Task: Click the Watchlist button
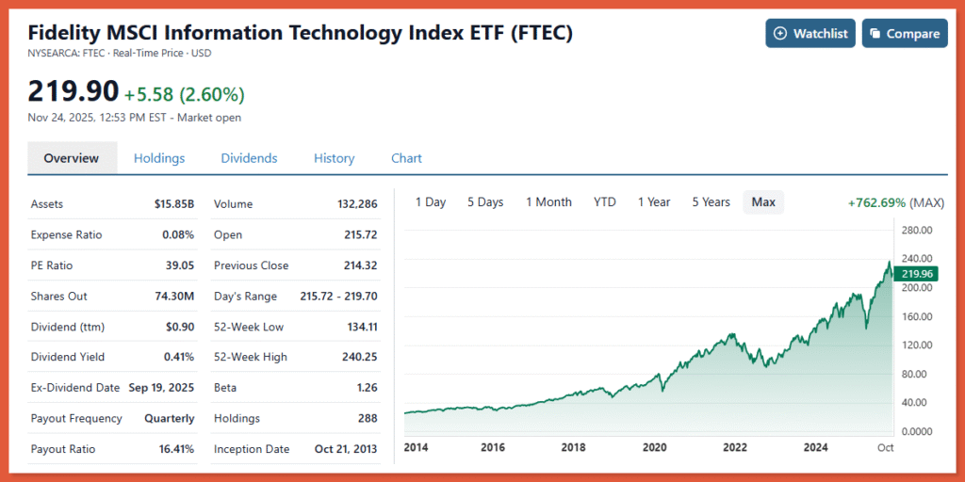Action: coord(810,33)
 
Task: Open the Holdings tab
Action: coord(159,158)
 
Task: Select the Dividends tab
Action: coord(249,158)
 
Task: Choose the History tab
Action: coord(334,158)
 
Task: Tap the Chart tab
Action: coord(406,158)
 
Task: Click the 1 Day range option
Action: coord(430,202)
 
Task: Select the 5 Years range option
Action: coord(711,202)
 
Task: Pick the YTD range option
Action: coord(605,202)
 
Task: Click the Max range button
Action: coord(763,202)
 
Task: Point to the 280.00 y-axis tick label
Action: coord(917,230)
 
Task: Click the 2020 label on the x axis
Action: coord(654,447)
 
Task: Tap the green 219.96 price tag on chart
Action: coord(917,274)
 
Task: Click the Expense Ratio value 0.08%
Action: coord(177,234)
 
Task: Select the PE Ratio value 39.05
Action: coord(179,265)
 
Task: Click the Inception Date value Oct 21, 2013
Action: coord(346,449)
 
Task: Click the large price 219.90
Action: coord(74,91)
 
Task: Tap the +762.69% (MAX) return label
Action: coord(895,202)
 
